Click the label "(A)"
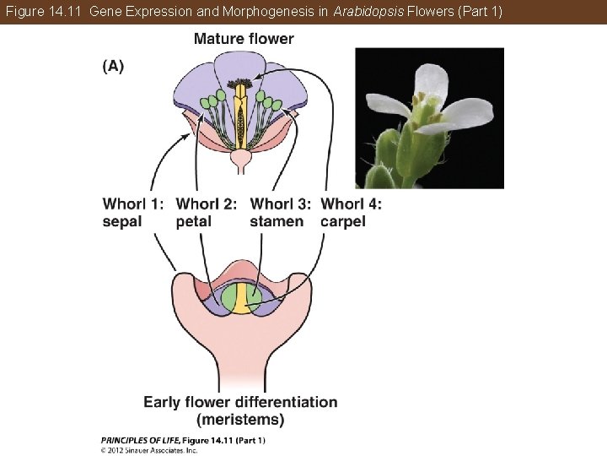pyautogui.click(x=113, y=67)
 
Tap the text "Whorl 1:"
pyautogui.click(x=133, y=204)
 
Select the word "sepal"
pyautogui.click(x=123, y=221)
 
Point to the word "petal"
pyautogui.click(x=194, y=221)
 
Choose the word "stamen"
pyautogui.click(x=277, y=221)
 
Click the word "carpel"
pyautogui.click(x=343, y=221)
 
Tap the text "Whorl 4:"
pyautogui.click(x=352, y=204)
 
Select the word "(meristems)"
pyautogui.click(x=240, y=419)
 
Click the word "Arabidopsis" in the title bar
pyautogui.click(x=365, y=11)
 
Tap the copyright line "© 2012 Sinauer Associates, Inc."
pyautogui.click(x=149, y=450)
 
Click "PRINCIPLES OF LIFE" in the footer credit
pyautogui.click(x=134, y=440)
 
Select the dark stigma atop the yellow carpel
pyautogui.click(x=242, y=85)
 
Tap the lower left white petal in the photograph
pyautogui.click(x=387, y=106)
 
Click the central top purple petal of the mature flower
pyautogui.click(x=240, y=65)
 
